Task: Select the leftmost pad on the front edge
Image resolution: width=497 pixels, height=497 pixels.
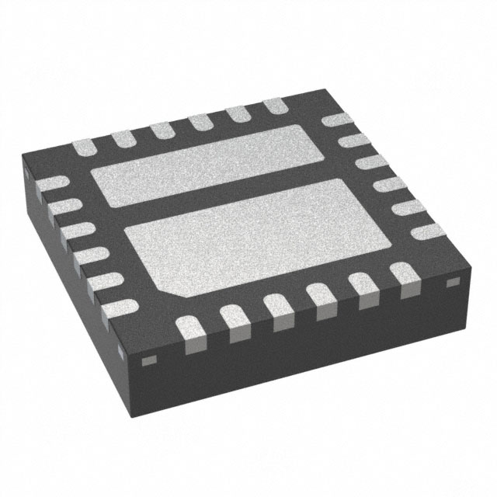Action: (x=191, y=327)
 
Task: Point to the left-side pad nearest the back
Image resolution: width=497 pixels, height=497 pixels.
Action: (x=50, y=185)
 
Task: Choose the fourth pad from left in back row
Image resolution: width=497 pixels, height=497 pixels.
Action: (x=200, y=121)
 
